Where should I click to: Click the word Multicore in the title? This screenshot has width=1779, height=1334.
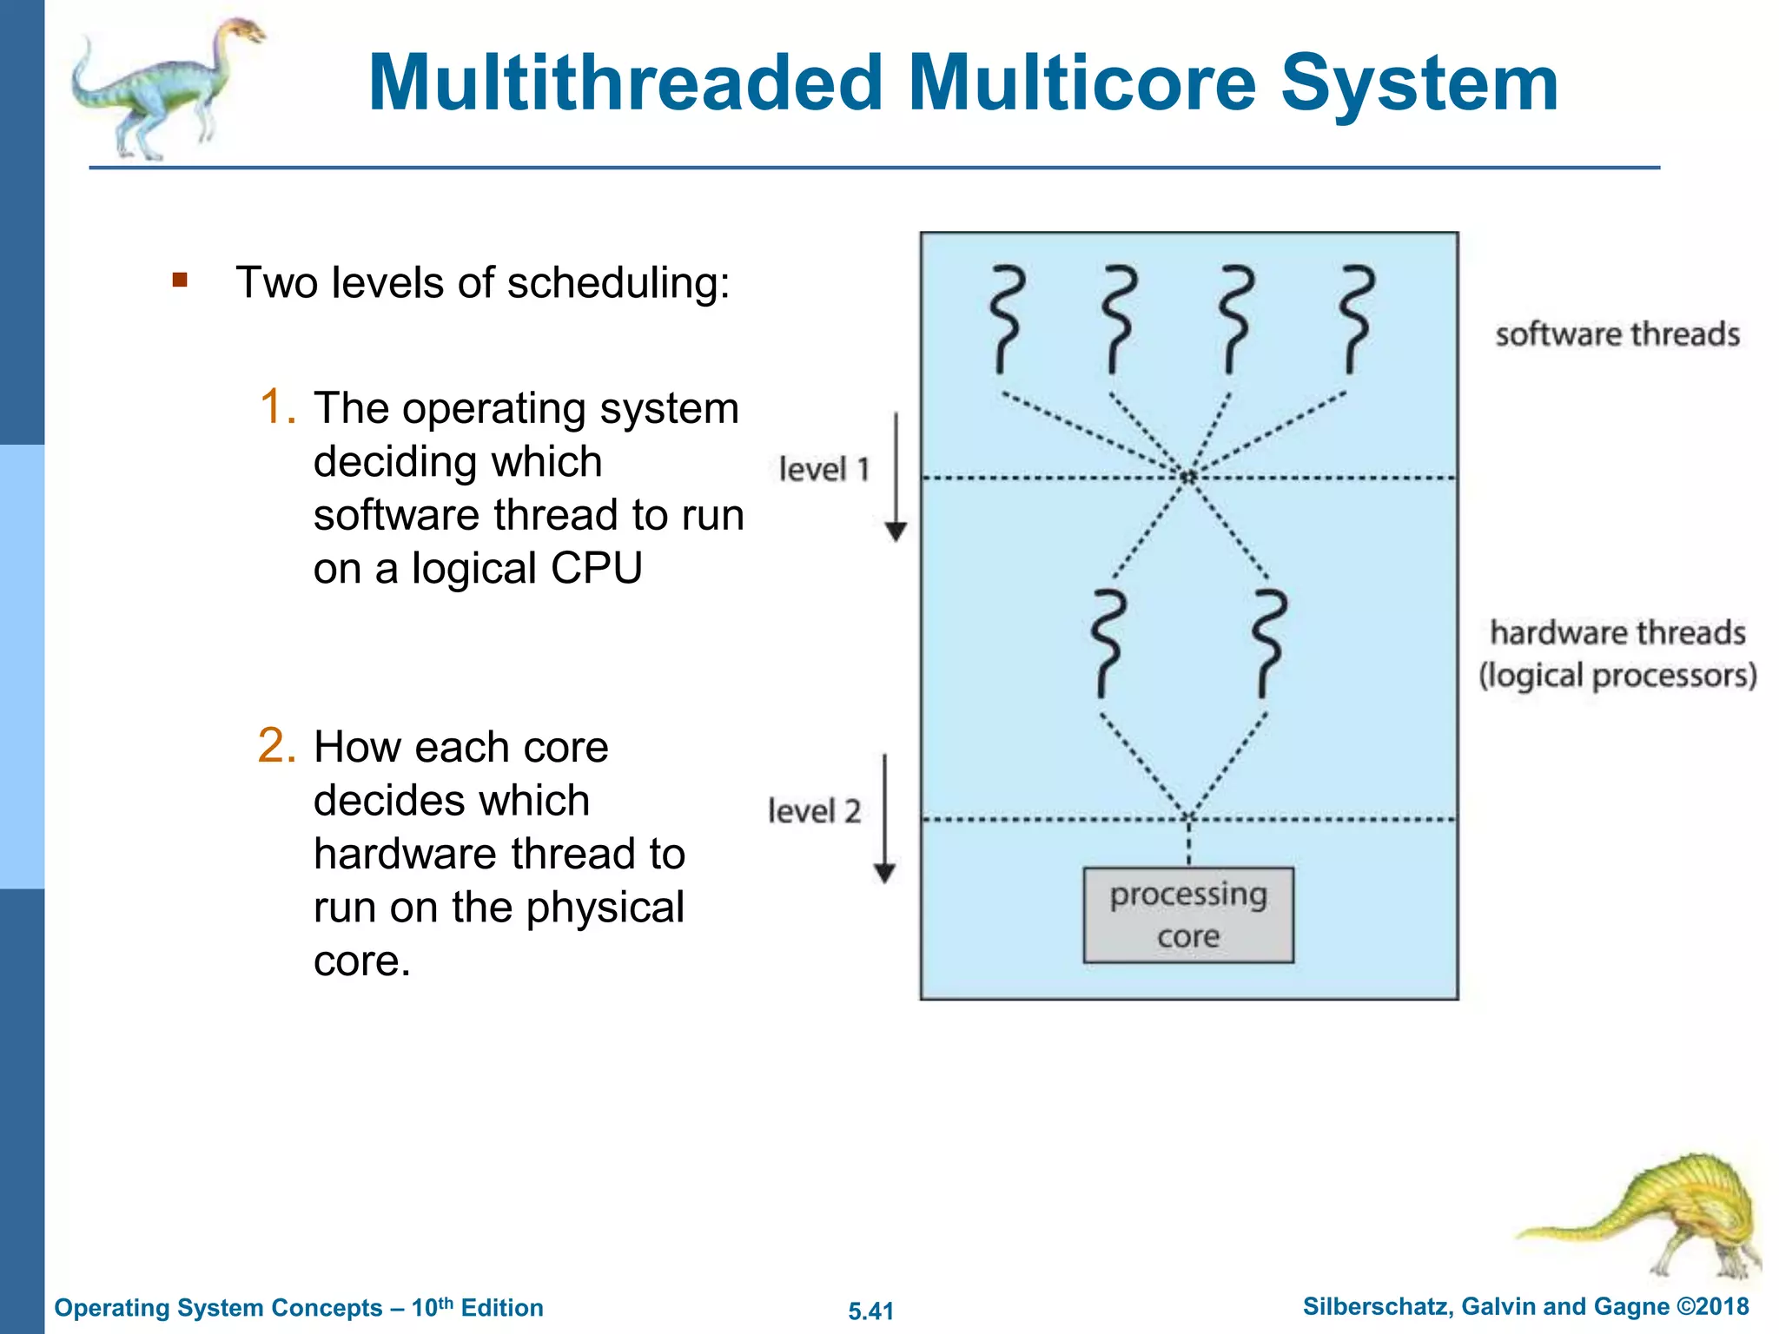(1082, 84)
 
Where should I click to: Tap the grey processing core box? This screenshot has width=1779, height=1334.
(1187, 915)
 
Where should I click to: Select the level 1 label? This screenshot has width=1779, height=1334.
(823, 469)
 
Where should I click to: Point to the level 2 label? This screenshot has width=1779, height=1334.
(814, 811)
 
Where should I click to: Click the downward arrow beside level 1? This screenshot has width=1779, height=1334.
(896, 478)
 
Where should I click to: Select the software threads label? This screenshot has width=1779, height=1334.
(1617, 334)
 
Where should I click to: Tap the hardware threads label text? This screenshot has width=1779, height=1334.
(1617, 633)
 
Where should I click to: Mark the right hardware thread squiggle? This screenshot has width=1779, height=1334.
(1270, 644)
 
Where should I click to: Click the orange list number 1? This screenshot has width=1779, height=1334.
(277, 406)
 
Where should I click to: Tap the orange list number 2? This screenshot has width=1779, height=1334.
(277, 745)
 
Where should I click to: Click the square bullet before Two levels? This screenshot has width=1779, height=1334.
(180, 280)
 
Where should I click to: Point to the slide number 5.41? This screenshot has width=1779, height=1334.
(870, 1311)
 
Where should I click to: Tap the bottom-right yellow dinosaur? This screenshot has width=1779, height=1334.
(1659, 1216)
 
